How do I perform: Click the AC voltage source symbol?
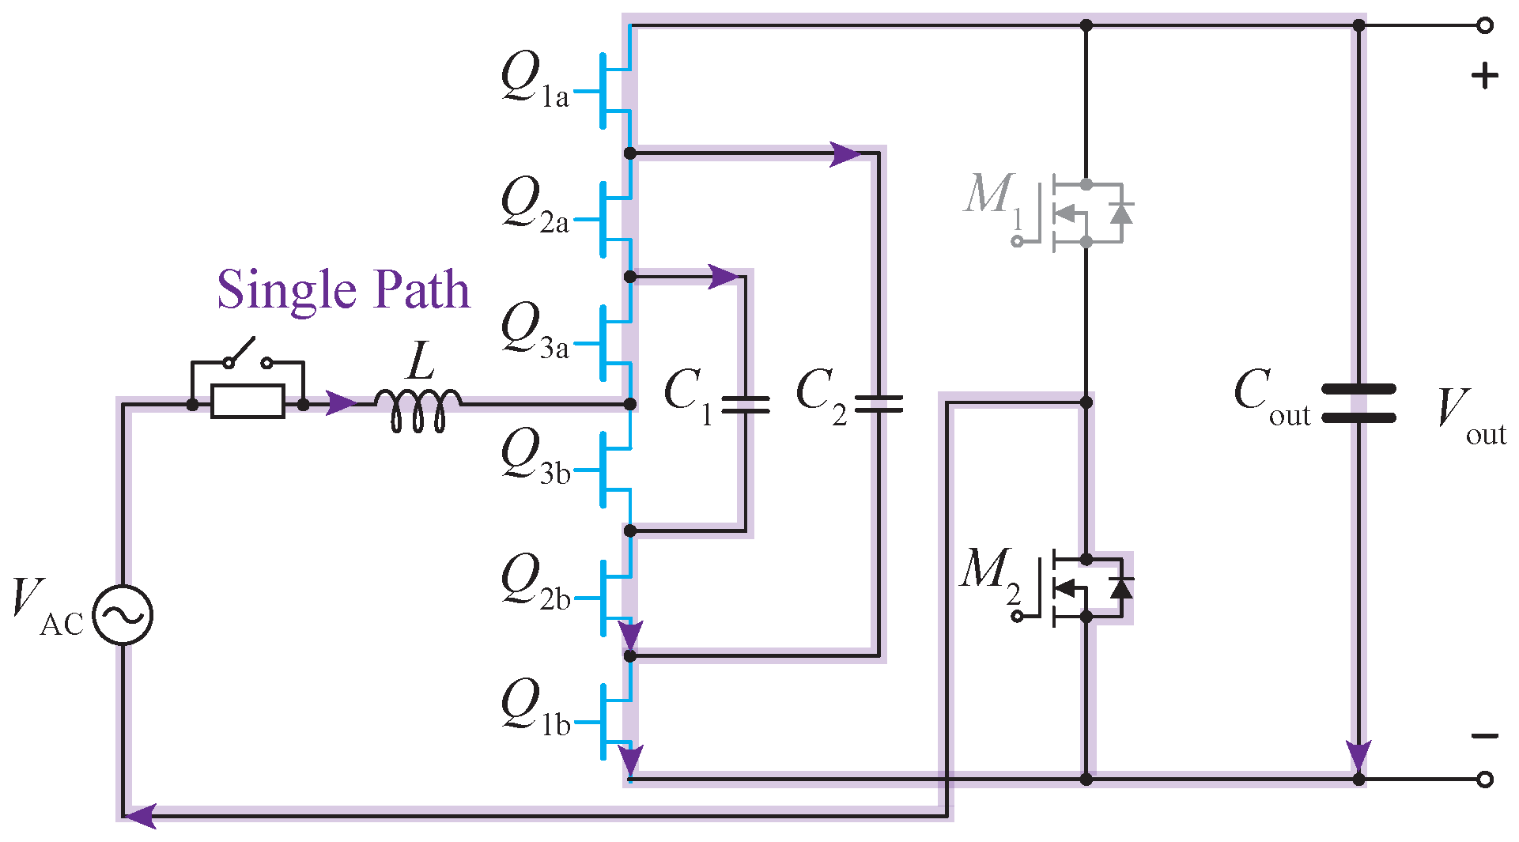(123, 614)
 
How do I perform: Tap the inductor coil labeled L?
(417, 410)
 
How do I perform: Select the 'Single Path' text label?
(343, 289)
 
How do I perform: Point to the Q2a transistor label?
(535, 206)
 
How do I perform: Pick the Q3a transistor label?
(535, 330)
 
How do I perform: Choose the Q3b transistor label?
(535, 456)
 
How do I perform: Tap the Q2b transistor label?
(535, 582)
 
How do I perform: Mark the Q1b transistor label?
(535, 708)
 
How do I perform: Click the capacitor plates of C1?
(744, 405)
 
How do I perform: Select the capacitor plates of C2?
(878, 405)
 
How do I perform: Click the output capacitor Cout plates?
(1358, 403)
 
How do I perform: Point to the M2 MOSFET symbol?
(1083, 588)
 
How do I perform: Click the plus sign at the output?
(1484, 76)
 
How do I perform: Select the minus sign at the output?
(1484, 736)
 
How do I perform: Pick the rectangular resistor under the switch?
(247, 402)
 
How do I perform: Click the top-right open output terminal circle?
(1485, 25)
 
